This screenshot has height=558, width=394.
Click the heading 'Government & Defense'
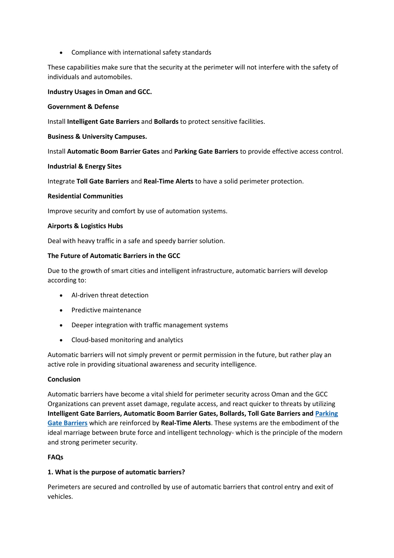83,107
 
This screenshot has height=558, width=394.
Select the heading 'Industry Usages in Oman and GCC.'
100,92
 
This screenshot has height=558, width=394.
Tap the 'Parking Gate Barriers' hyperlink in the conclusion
326,414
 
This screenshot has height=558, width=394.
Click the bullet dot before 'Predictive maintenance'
61,310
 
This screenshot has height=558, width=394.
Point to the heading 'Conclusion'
64,379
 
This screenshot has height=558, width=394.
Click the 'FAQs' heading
55,457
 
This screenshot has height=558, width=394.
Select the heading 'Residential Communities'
85,196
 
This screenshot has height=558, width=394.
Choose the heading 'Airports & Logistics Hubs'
85,226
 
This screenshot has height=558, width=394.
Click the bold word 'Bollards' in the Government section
166,122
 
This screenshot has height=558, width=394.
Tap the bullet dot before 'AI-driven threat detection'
61,295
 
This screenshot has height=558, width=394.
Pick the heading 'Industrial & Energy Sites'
84,167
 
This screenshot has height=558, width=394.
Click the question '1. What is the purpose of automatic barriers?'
116,472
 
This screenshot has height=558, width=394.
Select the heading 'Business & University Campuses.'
97,137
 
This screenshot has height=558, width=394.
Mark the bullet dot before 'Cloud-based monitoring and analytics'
61,340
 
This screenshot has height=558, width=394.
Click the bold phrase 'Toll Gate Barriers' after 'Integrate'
103,181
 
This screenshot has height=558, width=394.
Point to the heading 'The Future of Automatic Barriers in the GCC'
114,256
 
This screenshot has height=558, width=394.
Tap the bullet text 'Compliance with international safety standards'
141,52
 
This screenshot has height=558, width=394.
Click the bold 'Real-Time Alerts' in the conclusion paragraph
186,423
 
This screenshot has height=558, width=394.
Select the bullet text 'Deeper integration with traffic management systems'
149,325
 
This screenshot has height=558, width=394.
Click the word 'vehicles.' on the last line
60,497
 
